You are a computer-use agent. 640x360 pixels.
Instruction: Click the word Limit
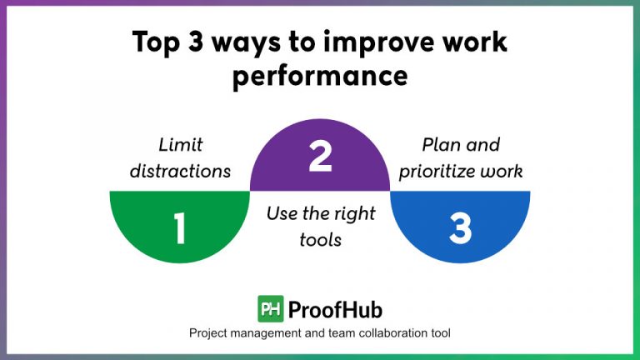(x=179, y=145)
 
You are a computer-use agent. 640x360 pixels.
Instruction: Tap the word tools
(x=320, y=240)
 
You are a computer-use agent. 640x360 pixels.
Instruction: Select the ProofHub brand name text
(x=335, y=309)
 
